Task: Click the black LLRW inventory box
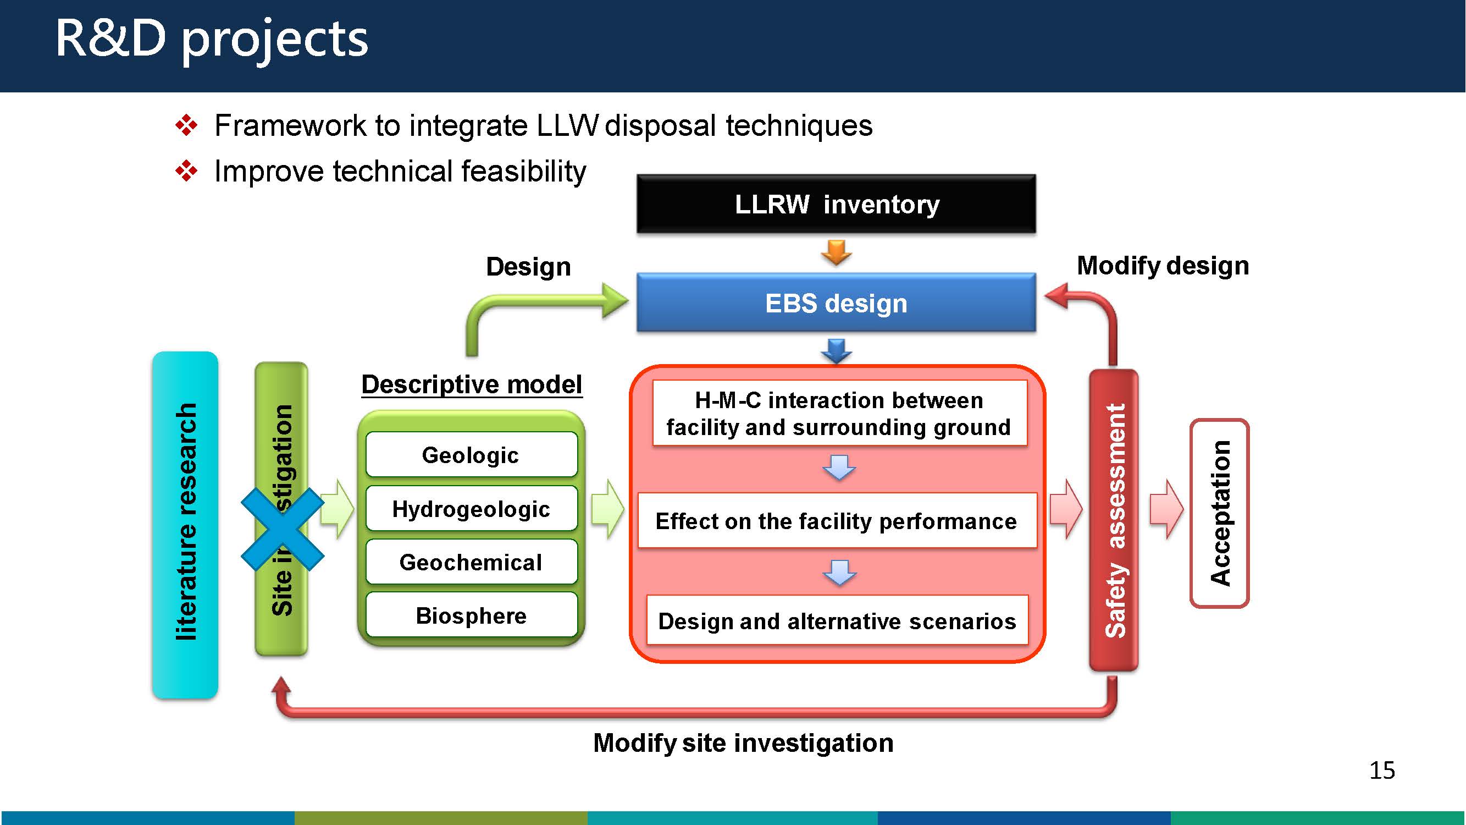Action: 836,204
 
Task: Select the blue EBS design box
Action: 836,302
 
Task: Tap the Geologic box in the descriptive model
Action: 471,454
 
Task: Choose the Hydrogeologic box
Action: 471,508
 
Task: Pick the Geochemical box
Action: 471,562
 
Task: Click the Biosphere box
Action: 471,615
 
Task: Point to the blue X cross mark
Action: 283,529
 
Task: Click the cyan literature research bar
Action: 185,524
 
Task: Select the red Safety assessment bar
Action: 1114,519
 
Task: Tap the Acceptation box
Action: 1219,513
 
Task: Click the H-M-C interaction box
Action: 839,414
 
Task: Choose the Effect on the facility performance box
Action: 837,520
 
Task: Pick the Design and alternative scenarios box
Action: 837,620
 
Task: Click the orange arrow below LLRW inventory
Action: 836,252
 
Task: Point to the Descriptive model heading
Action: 472,384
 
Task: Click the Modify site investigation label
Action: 743,743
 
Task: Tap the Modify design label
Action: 1163,265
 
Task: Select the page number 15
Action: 1382,771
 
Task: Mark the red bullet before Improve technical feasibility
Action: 186,171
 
